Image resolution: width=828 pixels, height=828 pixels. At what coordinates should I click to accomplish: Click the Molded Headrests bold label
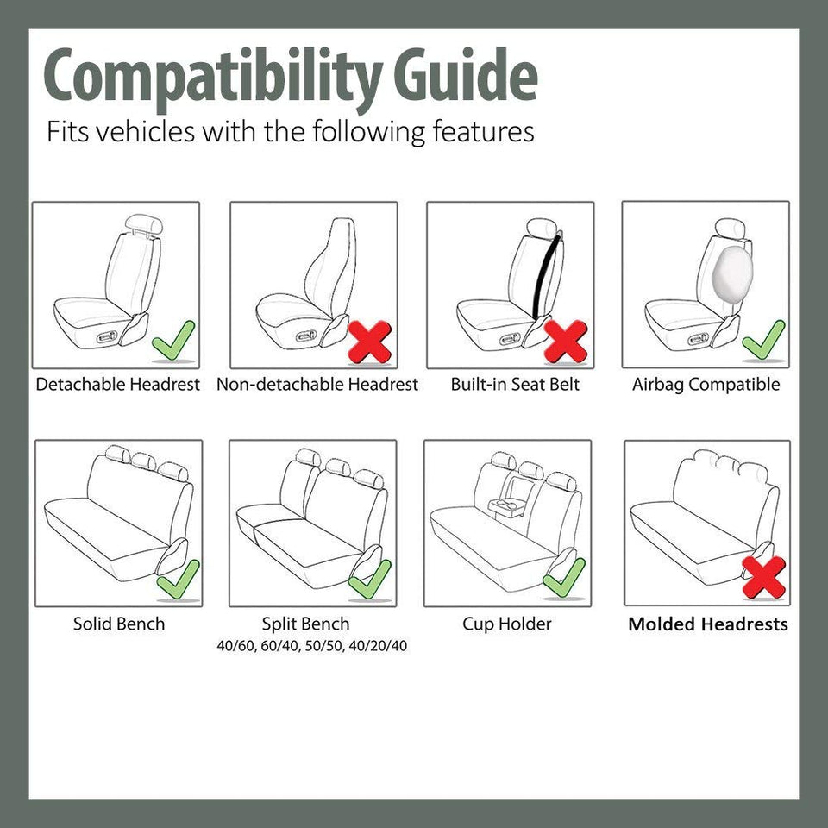(x=707, y=624)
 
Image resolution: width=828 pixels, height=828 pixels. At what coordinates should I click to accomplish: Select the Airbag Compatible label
(x=706, y=385)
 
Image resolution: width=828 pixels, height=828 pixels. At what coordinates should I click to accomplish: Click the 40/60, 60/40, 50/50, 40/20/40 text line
(x=312, y=646)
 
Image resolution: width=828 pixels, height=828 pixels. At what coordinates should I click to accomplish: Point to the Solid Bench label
(x=118, y=624)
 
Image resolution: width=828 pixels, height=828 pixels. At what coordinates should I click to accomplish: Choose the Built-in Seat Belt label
(x=515, y=385)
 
